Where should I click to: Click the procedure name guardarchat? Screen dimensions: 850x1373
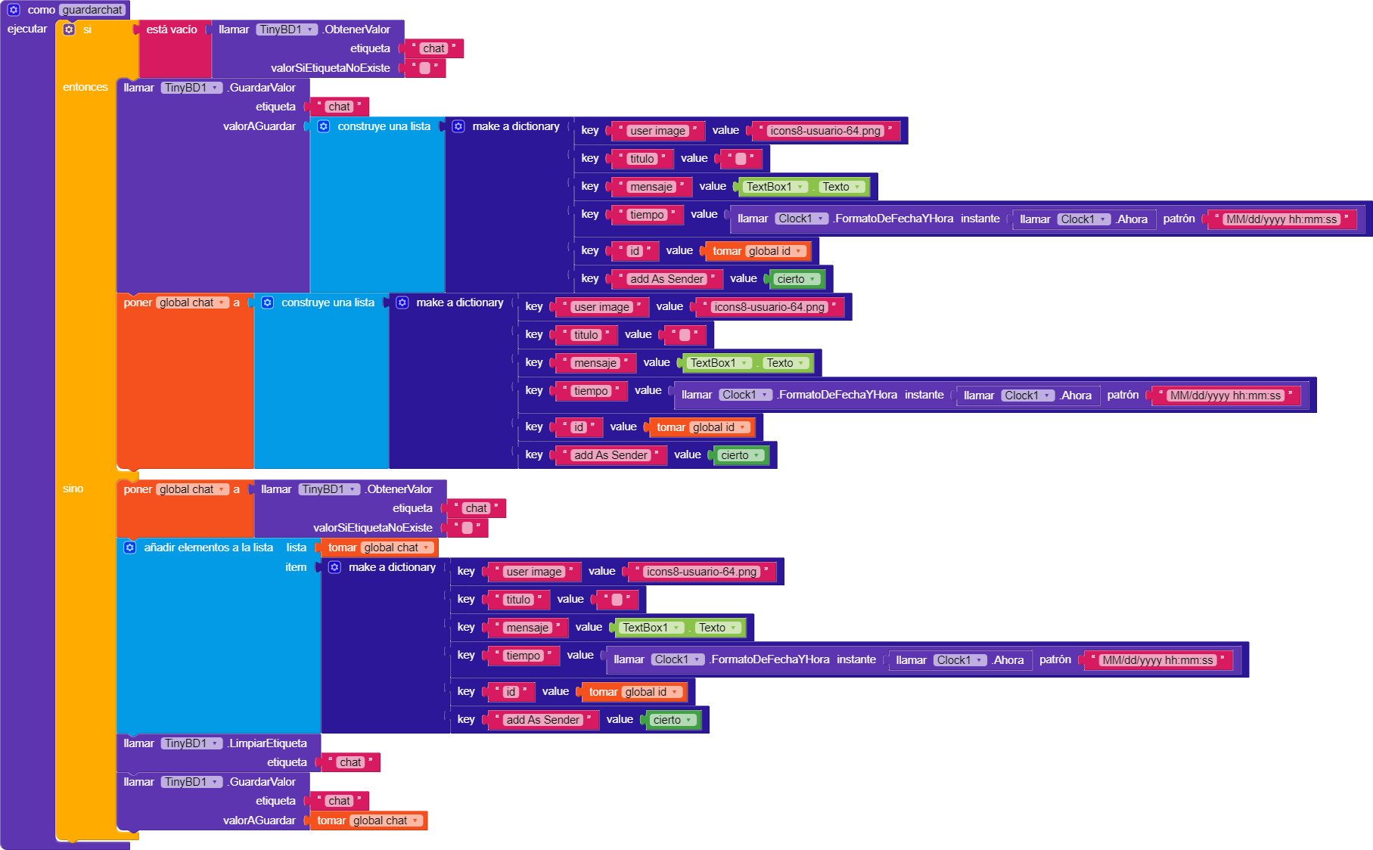[92, 10]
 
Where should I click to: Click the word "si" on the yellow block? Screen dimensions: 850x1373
[87, 29]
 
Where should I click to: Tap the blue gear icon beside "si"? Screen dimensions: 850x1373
[69, 29]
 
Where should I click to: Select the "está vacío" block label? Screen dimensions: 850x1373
[171, 29]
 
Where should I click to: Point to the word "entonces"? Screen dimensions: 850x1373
[85, 87]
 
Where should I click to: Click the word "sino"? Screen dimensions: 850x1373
[73, 489]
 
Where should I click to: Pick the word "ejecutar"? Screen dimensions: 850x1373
[26, 29]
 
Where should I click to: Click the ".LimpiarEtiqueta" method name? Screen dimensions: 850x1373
[267, 743]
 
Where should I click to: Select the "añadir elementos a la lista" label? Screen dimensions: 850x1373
[208, 548]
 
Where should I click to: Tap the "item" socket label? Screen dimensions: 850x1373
[296, 567]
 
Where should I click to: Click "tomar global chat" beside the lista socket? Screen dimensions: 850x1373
[379, 548]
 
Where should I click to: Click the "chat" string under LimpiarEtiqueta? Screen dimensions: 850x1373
[350, 762]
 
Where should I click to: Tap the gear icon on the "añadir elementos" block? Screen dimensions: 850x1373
[129, 548]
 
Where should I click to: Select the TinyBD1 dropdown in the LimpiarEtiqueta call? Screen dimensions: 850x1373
[191, 743]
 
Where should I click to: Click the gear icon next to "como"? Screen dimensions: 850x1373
[14, 10]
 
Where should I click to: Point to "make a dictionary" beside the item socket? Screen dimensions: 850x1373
[391, 567]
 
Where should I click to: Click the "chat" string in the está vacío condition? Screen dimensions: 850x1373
[433, 48]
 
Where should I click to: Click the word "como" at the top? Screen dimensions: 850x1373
[41, 10]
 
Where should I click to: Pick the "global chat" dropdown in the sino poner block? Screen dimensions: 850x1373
[192, 489]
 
